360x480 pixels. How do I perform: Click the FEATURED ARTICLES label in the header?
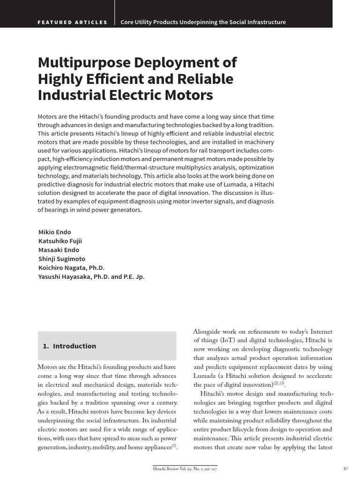click(72, 22)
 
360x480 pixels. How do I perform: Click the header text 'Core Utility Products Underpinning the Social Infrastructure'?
click(203, 22)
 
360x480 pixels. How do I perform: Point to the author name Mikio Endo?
click(55, 232)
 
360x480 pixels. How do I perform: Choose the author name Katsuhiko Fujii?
click(60, 241)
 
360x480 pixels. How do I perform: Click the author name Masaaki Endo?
click(59, 250)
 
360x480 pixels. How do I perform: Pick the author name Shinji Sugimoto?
click(61, 259)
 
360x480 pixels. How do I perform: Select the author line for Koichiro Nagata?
click(71, 268)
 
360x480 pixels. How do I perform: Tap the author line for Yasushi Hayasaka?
click(91, 277)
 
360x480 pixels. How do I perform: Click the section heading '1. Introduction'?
click(69, 346)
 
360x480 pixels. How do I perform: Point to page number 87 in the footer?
click(346, 468)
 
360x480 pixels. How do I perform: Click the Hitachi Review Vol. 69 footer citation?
click(185, 468)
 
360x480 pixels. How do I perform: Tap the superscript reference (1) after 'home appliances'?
click(174, 446)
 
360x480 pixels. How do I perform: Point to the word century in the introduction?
click(167, 403)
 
